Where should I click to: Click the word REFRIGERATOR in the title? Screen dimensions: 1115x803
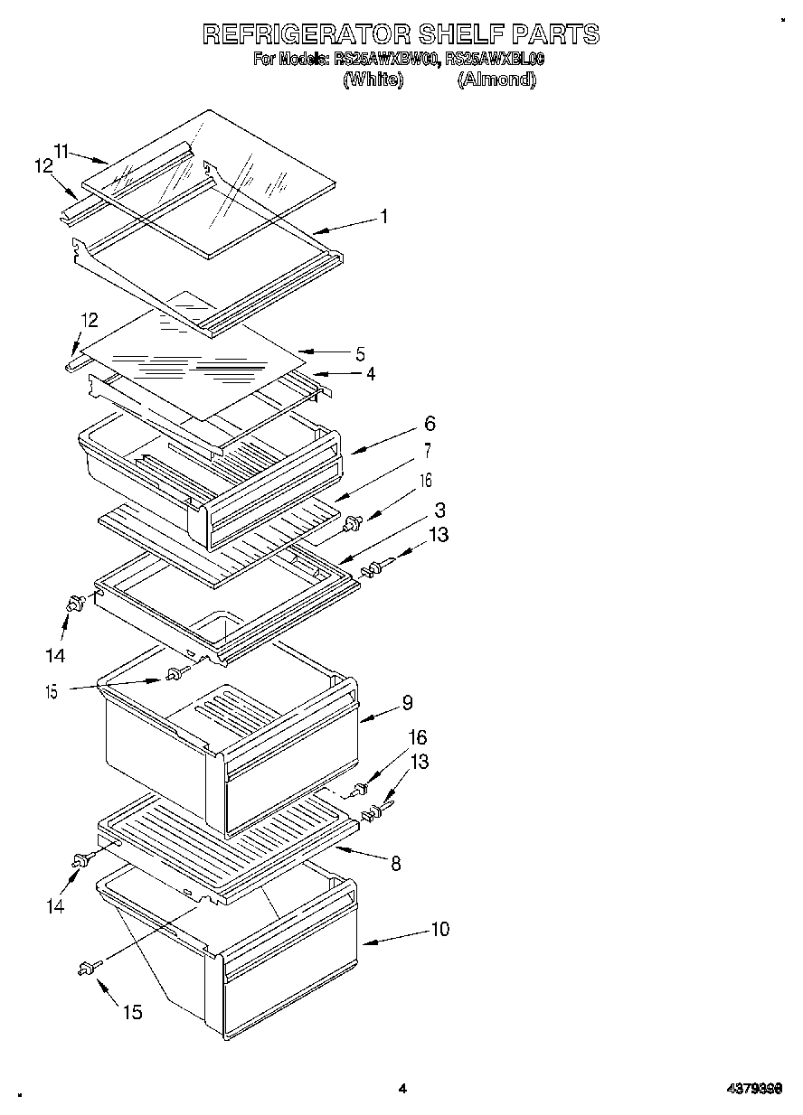[x=305, y=34]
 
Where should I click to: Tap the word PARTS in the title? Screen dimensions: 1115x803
[x=555, y=34]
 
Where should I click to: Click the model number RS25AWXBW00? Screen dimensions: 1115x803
[x=387, y=60]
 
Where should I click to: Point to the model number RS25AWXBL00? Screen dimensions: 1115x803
[x=495, y=60]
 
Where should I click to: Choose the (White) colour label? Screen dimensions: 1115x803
[x=372, y=80]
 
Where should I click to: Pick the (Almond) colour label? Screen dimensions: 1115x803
[x=496, y=80]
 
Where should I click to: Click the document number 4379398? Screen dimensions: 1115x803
[x=755, y=1090]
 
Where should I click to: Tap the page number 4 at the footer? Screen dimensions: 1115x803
[x=402, y=1089]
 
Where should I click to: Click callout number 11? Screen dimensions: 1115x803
[x=61, y=151]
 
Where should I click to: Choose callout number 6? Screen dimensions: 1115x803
[x=429, y=423]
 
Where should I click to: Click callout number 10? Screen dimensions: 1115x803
[x=439, y=929]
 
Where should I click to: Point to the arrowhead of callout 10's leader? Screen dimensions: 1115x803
[x=365, y=942]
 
